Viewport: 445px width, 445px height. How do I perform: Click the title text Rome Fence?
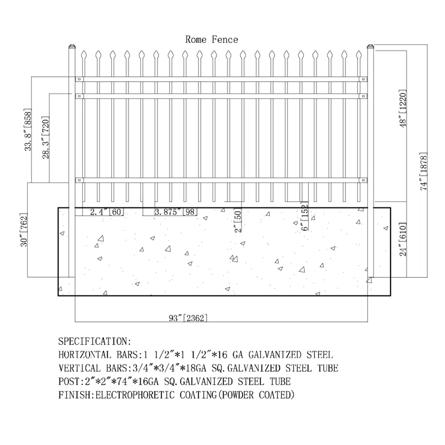tap(212, 39)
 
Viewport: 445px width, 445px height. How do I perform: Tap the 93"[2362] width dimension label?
tap(188, 318)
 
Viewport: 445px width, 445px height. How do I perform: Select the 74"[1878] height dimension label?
tap(424, 171)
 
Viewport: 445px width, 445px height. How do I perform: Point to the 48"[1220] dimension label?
tap(403, 108)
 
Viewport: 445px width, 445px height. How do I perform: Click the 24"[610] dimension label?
tap(403, 239)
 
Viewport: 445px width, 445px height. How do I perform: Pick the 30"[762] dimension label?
tap(24, 230)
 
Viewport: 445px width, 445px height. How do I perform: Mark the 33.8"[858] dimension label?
tap(27, 130)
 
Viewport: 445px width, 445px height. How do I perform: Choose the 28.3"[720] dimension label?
tap(46, 137)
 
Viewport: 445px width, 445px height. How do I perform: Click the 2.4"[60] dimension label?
tap(107, 212)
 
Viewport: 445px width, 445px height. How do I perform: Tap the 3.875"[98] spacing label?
tap(176, 212)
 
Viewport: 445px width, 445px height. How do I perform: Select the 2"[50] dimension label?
tap(238, 220)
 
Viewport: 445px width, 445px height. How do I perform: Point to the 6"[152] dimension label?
tap(304, 217)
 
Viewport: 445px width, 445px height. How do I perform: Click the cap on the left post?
tap(72, 46)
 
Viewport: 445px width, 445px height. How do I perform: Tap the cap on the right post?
tap(370, 46)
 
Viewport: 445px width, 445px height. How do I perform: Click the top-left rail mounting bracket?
tap(79, 79)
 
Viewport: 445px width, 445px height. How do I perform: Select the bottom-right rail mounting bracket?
tap(363, 180)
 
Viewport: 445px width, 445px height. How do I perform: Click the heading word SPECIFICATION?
tap(93, 341)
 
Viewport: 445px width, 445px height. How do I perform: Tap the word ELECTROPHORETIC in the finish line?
tap(135, 395)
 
